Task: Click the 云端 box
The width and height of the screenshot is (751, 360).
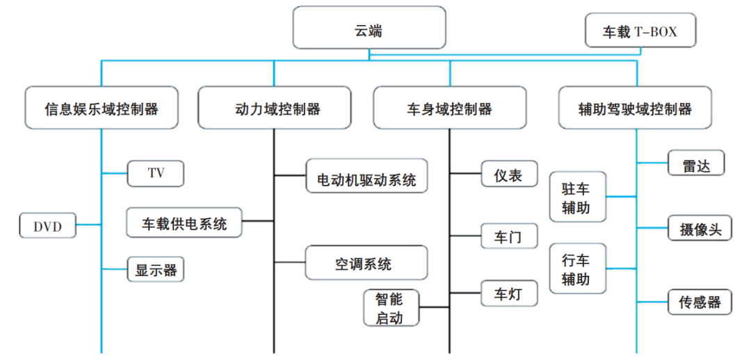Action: pos(369,27)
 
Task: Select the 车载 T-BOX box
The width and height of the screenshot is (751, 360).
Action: pos(640,30)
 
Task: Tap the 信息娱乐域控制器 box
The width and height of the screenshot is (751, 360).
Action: pos(102,108)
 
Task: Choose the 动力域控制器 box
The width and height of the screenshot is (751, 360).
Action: pos(275,108)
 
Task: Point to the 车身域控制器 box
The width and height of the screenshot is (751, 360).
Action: pos(449,108)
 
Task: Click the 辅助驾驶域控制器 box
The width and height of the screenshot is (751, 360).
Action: pos(635,108)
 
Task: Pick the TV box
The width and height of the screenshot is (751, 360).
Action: pos(156,173)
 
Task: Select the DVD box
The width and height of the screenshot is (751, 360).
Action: pos(48,225)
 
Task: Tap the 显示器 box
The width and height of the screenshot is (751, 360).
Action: pos(156,270)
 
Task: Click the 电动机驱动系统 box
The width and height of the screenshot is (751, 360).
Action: pos(366,176)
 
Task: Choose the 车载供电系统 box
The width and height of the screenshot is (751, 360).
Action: pos(184,222)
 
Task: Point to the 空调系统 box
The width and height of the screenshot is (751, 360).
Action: pos(366,262)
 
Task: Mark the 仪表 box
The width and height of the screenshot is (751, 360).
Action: pos(509,173)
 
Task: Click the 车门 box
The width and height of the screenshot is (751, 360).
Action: pos(509,236)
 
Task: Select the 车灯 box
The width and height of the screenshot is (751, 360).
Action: pos(509,293)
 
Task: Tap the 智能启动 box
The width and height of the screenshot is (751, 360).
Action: pos(391,307)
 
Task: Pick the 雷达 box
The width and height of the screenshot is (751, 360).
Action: pos(696,163)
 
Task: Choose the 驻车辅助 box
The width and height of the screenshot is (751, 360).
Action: pos(578,197)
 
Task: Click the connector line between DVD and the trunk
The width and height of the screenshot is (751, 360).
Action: pos(88,224)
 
